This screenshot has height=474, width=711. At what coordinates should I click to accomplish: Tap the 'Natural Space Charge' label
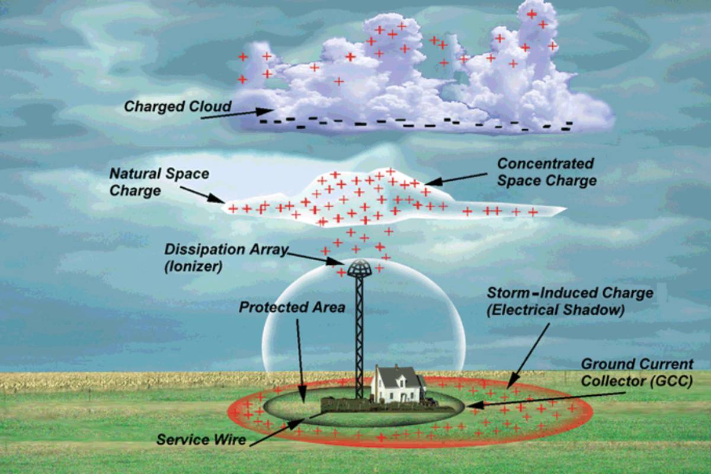(x=159, y=182)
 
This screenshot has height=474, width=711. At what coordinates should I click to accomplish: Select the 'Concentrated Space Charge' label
(x=545, y=172)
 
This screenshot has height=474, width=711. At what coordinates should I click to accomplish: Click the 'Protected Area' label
(x=292, y=308)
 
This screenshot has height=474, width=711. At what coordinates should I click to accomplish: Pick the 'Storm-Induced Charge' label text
(x=569, y=301)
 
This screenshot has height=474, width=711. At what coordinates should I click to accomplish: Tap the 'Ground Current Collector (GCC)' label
(x=636, y=372)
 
